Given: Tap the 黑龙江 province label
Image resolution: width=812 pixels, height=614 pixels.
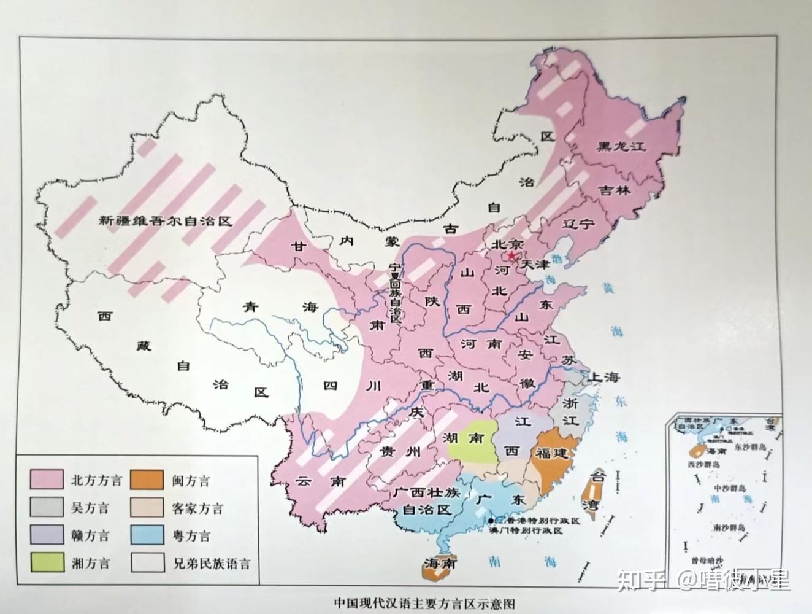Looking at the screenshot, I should coord(622,147).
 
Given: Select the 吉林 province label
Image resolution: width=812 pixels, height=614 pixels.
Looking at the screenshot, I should coord(615,190).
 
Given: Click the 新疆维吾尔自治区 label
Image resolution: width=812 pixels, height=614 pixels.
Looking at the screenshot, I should coord(166,221).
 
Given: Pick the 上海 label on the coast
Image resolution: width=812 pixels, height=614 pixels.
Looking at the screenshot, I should coord(605,378).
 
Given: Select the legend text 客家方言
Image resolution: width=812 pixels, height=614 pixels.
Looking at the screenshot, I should coord(198,508).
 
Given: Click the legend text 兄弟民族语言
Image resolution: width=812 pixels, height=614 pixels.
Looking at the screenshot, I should coord(212,562).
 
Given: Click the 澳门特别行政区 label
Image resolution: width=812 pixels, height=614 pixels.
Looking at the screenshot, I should coord(526,530).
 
